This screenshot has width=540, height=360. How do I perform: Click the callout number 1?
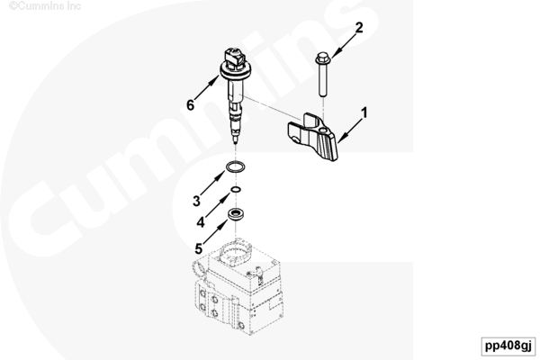(x=364, y=112)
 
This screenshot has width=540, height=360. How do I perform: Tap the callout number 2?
(x=359, y=28)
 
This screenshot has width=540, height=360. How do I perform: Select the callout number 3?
(x=196, y=201)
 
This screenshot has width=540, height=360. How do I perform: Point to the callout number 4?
(x=201, y=222)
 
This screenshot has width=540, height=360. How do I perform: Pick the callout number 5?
(x=199, y=248)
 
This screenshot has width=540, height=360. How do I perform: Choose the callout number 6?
(x=190, y=104)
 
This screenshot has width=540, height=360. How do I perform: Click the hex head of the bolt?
(x=323, y=58)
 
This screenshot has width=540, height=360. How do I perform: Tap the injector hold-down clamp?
(x=312, y=136)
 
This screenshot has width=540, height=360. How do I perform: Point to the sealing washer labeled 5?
(x=236, y=214)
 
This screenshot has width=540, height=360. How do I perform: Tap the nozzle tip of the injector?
(x=236, y=140)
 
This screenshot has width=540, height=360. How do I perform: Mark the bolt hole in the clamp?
(x=323, y=130)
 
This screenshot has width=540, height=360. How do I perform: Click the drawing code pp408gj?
(x=508, y=346)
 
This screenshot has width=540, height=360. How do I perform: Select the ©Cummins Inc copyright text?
(x=45, y=6)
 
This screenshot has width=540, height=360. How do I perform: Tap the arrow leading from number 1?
(x=349, y=130)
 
